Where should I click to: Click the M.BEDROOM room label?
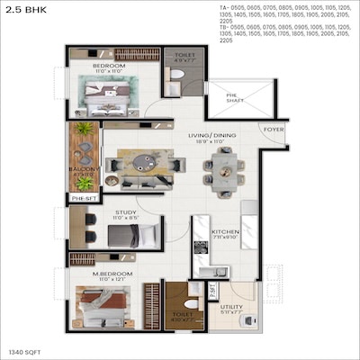pos(112,272)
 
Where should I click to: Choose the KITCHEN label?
pos(224,232)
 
